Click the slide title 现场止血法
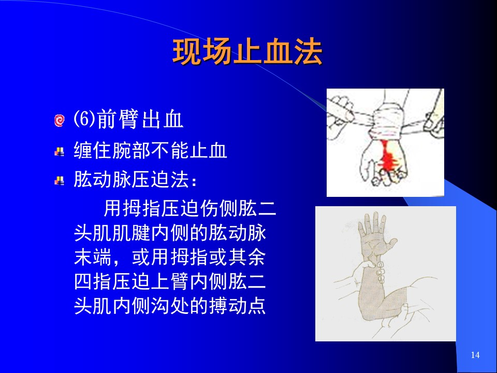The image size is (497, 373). (x=247, y=52)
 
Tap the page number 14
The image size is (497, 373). (x=475, y=355)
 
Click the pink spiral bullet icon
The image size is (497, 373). (x=59, y=121)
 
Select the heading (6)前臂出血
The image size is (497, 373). (x=128, y=119)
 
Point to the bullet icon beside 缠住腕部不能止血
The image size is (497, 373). (x=59, y=152)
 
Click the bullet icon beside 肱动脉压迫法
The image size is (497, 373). (x=59, y=181)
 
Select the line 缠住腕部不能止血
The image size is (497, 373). (x=150, y=150)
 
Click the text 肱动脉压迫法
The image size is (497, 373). (x=131, y=179)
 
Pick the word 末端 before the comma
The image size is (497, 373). (x=93, y=257)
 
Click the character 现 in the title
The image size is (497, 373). (x=187, y=52)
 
